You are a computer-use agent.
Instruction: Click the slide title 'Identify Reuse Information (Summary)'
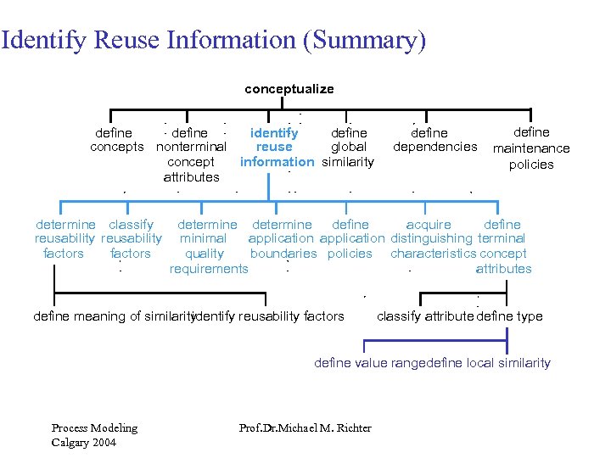(213, 40)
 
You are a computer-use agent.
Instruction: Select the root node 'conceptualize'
(289, 88)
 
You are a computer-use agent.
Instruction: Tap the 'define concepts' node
(116, 140)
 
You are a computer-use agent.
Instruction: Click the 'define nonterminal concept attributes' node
(191, 154)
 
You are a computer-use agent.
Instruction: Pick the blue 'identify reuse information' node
(277, 147)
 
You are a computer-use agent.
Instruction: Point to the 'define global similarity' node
(349, 147)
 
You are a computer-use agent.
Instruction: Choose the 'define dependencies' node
(434, 140)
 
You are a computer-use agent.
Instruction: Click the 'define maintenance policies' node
(531, 148)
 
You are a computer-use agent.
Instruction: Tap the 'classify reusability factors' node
(131, 239)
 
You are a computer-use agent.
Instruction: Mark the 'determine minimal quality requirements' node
(208, 246)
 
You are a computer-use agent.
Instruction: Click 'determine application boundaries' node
(283, 239)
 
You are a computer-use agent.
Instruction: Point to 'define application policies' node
(350, 239)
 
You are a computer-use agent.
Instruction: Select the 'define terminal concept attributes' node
(502, 246)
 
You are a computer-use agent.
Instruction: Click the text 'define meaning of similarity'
(112, 316)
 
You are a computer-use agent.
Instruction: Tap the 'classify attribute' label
(424, 316)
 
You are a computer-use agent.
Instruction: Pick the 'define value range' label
(368, 363)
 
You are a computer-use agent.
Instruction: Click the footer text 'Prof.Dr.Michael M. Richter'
(305, 427)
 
